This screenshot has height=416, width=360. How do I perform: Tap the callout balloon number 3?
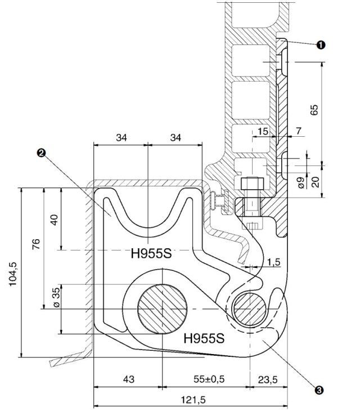click(x=319, y=389)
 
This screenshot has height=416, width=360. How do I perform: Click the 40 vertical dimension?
click(x=55, y=218)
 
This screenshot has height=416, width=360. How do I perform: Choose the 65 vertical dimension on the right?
click(x=314, y=108)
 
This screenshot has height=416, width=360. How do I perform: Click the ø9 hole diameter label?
click(x=301, y=182)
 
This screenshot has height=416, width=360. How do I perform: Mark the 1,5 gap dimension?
click(x=274, y=262)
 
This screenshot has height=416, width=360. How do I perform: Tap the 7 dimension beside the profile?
click(x=298, y=131)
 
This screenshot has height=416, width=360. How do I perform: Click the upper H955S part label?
click(x=151, y=253)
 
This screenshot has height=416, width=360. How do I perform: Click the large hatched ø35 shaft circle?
click(x=161, y=309)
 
